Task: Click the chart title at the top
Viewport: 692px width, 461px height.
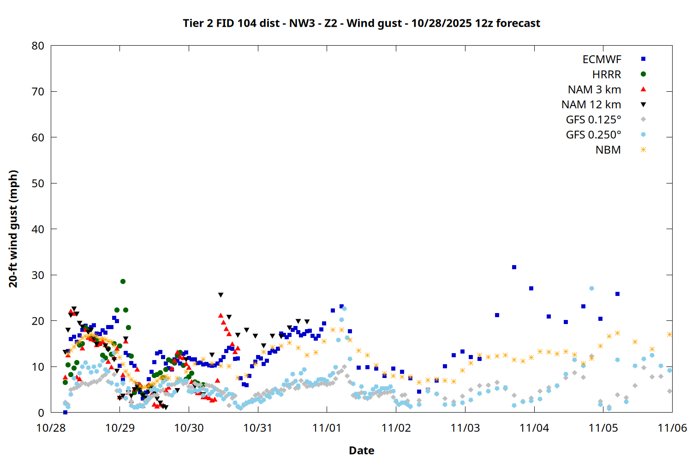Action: point(361,23)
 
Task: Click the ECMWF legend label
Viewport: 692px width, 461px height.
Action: point(602,59)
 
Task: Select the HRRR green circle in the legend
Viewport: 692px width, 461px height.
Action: point(643,74)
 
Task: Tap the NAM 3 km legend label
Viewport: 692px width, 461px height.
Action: point(594,89)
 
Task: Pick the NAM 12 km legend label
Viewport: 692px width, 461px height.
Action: point(591,105)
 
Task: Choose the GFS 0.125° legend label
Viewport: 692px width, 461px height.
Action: point(593,120)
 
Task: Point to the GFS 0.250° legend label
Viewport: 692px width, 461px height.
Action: point(593,135)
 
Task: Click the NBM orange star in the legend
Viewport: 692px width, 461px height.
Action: point(643,150)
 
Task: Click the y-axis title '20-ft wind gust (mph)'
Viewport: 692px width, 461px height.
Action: point(13,229)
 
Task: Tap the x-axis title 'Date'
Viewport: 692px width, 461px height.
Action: point(361,450)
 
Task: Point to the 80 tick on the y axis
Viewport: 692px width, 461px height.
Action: point(38,46)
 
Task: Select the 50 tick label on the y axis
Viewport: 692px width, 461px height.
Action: point(38,183)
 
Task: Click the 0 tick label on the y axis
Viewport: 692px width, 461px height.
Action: point(41,413)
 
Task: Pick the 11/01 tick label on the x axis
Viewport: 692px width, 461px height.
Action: point(327,428)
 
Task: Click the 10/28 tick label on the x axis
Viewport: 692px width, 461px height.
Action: point(51,428)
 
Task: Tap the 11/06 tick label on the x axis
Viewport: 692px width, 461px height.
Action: point(672,428)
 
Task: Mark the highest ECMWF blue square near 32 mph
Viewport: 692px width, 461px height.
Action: point(514,267)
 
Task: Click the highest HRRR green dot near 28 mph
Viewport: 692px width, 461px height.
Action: point(123,281)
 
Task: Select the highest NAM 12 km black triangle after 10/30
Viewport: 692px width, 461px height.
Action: point(221,295)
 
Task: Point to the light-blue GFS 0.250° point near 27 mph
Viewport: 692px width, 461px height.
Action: point(591,289)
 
